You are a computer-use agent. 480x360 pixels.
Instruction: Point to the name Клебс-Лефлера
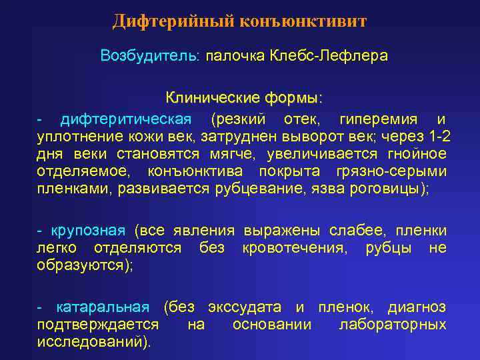click(x=329, y=55)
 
